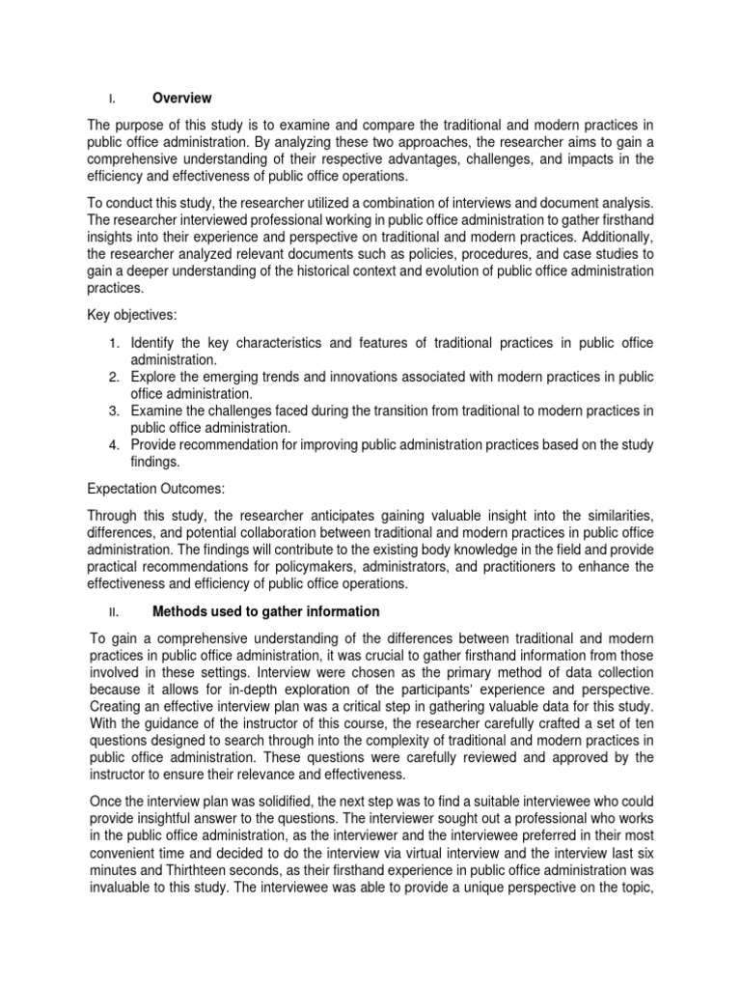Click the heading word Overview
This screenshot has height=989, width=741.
[181, 99]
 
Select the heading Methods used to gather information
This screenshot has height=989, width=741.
[265, 611]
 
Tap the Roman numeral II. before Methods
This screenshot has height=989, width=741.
[112, 612]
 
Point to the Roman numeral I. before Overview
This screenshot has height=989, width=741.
[112, 99]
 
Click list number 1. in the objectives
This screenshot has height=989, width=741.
[113, 343]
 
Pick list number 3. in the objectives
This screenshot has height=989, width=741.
[113, 410]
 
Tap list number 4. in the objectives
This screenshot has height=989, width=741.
[113, 445]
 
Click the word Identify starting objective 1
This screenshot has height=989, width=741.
[154, 343]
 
